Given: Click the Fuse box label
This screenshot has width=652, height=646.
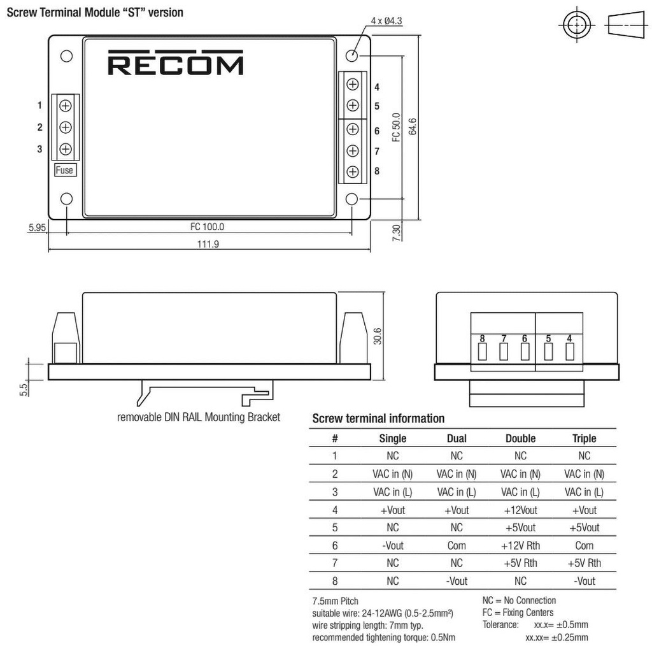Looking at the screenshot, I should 64,170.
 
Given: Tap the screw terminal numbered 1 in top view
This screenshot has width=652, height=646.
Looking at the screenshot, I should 65,106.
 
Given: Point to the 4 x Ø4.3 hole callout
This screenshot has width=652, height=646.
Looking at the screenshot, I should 386,21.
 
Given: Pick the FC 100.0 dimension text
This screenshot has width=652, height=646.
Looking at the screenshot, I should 208,226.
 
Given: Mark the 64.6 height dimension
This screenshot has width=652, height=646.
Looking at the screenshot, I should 412,126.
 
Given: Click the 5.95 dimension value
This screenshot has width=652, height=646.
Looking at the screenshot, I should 38,226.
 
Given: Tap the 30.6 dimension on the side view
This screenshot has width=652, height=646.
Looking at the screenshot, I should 378,336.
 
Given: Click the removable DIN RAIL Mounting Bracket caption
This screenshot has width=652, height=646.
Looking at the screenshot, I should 199,418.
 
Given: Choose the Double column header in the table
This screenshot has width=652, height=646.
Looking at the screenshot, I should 520,438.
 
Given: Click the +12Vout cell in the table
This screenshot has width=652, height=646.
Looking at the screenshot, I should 520,510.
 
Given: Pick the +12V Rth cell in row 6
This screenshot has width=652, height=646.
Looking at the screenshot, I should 520,545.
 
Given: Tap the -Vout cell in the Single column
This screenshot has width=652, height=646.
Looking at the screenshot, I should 392,545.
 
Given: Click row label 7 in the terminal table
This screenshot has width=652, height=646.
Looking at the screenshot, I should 335,563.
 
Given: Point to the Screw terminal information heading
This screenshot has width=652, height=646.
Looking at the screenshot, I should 378,419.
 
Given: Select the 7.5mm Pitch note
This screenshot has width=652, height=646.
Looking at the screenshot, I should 336,601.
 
